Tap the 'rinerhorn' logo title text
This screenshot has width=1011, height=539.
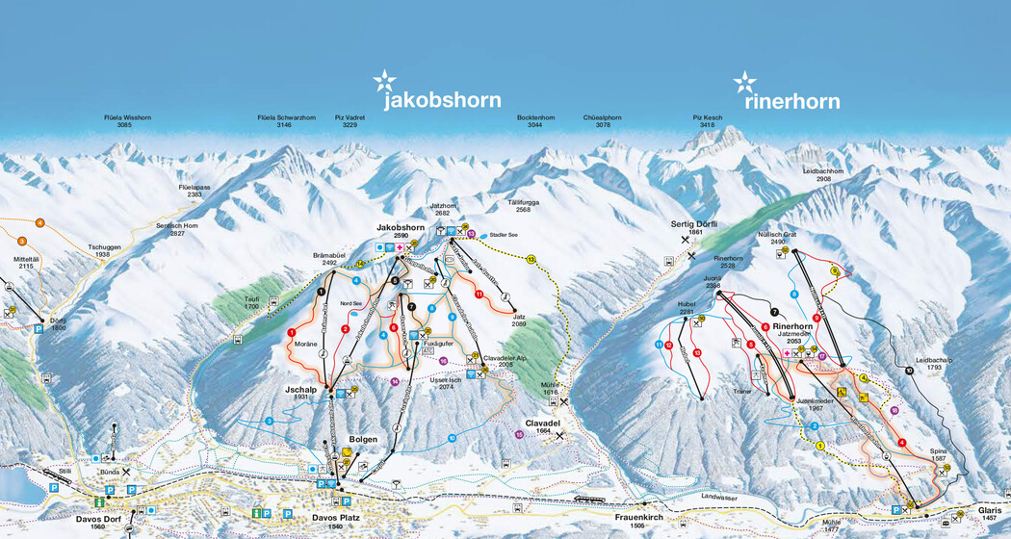pos(791,101)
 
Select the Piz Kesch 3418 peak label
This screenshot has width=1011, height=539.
pos(707,121)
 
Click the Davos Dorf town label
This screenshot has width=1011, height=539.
pos(97,520)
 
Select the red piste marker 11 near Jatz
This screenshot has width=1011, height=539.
pos(479,294)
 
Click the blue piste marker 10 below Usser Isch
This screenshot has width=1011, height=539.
pos(452,438)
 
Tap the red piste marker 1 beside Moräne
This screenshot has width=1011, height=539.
pos(291,332)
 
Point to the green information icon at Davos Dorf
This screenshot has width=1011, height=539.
pos(97,502)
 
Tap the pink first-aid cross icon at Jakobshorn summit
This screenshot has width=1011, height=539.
pos(399,247)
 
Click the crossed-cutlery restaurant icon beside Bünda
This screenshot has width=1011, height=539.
pos(125,473)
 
